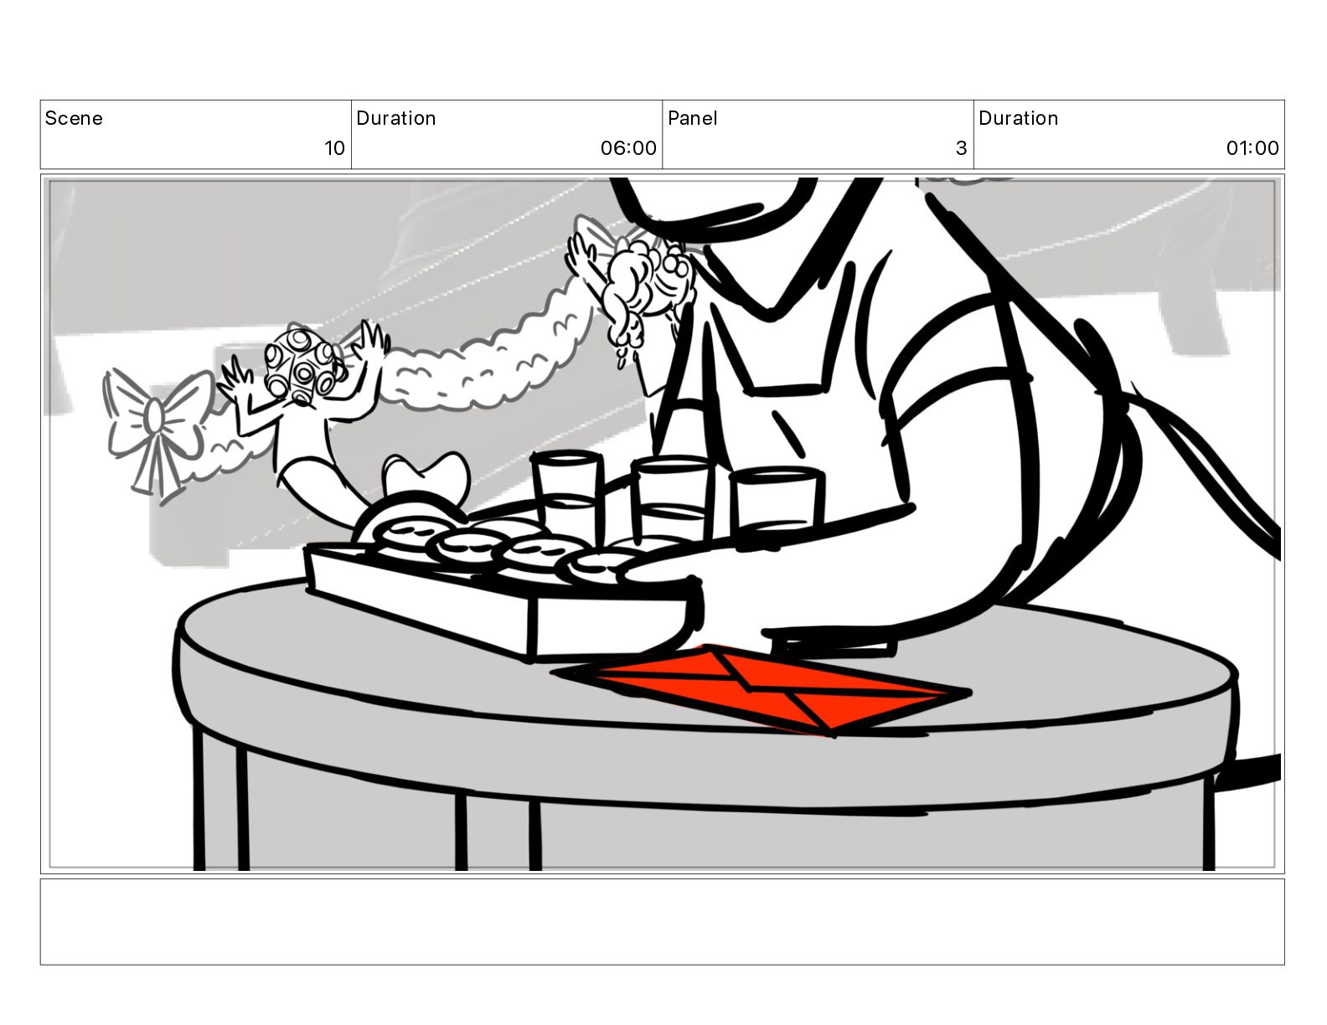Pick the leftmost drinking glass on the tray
[566, 497]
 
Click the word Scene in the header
[74, 118]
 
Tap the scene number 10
[334, 148]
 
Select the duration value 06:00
[627, 148]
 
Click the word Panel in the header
[693, 118]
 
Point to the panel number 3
[961, 148]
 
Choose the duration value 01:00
[1252, 148]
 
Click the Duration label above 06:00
[395, 118]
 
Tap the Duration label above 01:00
[1018, 118]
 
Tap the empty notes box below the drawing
[663, 922]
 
